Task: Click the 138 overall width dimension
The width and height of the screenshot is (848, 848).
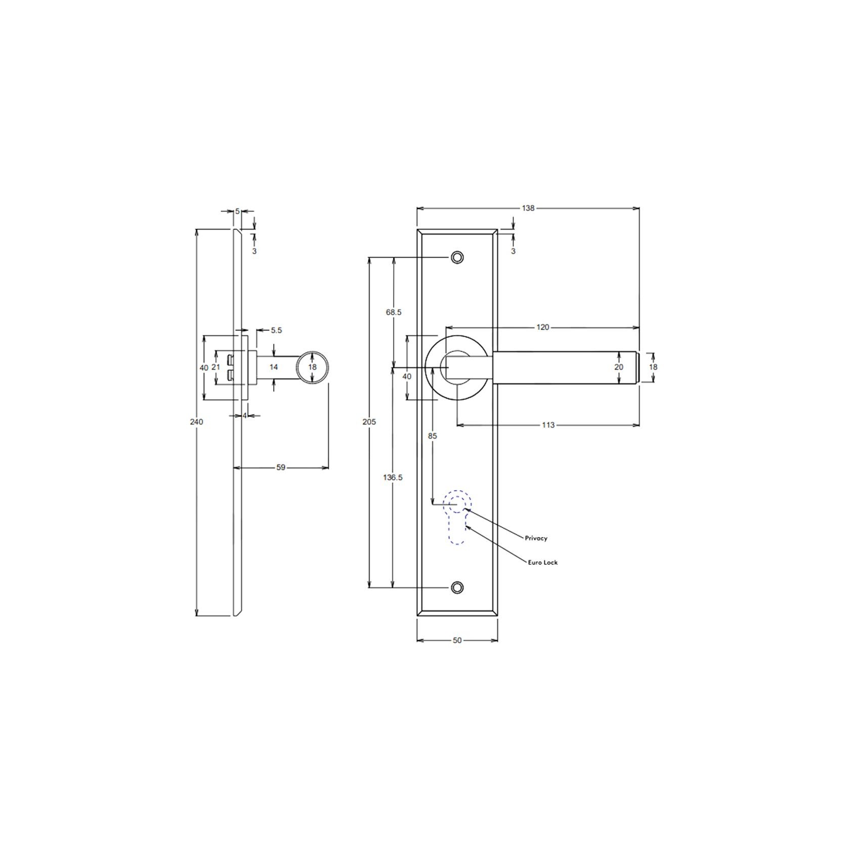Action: coord(528,208)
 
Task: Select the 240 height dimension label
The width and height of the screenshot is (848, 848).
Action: coord(197,421)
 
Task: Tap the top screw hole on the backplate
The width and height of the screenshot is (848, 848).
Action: coord(457,258)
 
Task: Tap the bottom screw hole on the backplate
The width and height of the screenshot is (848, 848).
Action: coord(457,587)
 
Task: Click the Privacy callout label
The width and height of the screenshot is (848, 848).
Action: coord(536,538)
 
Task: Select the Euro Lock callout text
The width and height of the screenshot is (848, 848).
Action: coord(542,562)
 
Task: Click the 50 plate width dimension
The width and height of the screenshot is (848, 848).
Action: coord(457,640)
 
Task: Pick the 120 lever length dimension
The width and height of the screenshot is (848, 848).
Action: coord(542,327)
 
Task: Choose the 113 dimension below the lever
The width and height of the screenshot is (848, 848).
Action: coord(548,425)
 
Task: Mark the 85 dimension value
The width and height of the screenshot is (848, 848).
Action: coord(432,436)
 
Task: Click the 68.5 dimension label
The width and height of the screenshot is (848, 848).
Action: coord(393,312)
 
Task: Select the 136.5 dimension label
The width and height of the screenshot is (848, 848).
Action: coord(393,477)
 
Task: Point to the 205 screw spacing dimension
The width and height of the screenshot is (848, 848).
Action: coord(369,421)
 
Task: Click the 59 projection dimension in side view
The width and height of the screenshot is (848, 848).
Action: coord(281,468)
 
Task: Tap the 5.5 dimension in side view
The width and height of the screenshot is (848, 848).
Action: coord(276,330)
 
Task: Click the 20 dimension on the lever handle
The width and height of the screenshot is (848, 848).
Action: coord(619,367)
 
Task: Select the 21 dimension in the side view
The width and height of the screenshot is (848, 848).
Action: coord(216,367)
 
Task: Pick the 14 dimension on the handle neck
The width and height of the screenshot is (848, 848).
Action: coord(273,367)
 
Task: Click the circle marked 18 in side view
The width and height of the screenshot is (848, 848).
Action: coord(312,367)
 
